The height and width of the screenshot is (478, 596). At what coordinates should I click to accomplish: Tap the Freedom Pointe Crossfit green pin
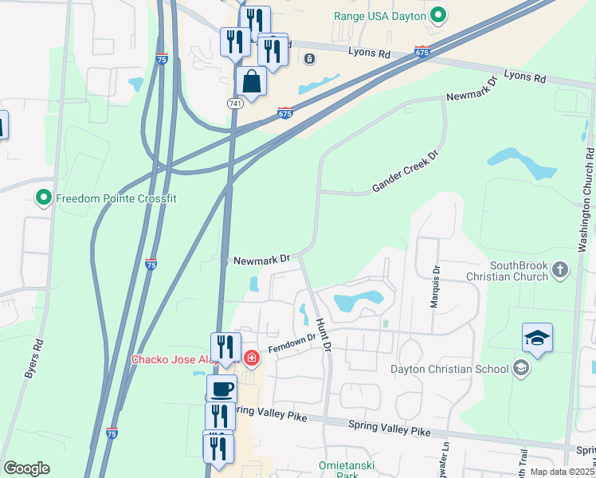click(43, 197)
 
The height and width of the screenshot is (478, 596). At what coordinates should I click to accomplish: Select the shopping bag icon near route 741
click(251, 81)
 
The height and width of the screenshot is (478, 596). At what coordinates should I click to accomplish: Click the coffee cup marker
click(222, 390)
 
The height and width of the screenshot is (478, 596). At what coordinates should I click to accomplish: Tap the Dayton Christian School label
click(449, 368)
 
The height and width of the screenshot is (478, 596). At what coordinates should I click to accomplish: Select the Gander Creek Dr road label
click(406, 174)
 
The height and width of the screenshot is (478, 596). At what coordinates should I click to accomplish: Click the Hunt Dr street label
click(323, 329)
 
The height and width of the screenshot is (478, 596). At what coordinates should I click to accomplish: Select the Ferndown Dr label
click(292, 345)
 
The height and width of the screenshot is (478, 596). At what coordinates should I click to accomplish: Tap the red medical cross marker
click(252, 358)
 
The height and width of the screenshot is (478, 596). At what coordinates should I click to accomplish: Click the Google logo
click(26, 468)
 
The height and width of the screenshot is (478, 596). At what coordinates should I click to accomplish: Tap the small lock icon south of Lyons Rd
click(309, 58)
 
